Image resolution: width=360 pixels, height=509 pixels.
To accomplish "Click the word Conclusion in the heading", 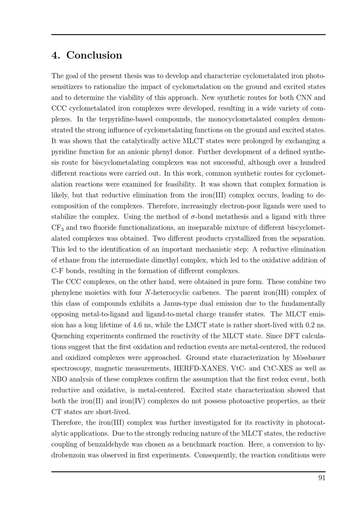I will pyautogui.click(x=94, y=55).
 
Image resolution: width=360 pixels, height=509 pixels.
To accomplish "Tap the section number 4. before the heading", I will pyautogui.click(x=56, y=55).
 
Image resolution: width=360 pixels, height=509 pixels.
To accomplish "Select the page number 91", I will pyautogui.click(x=322, y=478).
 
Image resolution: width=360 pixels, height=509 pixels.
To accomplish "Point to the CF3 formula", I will pyautogui.click(x=57, y=228).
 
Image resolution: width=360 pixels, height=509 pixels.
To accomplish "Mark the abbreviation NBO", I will pyautogui.click(x=59, y=379).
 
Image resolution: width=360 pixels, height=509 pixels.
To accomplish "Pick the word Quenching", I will pyautogui.click(x=67, y=336).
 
